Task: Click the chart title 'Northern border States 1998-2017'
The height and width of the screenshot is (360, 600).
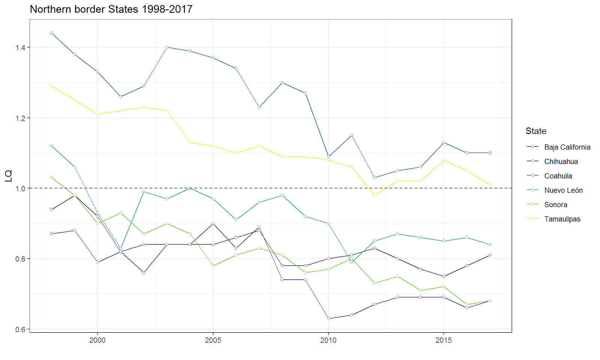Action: [111, 9]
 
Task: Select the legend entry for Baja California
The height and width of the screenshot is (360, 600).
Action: [567, 147]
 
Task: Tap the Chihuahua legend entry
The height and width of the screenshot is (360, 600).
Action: [561, 162]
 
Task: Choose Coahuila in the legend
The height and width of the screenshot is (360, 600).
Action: [558, 176]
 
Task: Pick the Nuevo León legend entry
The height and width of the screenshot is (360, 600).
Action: [563, 190]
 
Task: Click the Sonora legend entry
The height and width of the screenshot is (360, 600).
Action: [555, 205]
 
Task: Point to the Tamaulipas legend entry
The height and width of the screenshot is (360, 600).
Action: [562, 219]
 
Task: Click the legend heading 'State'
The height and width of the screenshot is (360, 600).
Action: [536, 131]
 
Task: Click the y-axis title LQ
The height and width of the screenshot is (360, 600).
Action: [8, 175]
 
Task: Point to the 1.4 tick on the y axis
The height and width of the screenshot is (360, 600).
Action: [20, 48]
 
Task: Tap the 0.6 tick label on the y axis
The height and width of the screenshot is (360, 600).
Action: [20, 330]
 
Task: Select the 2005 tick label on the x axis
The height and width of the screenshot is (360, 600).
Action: [213, 340]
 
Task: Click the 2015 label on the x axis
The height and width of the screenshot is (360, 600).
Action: [444, 340]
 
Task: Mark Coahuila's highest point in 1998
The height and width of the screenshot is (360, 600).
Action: [51, 33]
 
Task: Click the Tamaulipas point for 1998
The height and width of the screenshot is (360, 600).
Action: [51, 86]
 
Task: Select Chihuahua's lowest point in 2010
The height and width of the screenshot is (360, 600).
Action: [328, 319]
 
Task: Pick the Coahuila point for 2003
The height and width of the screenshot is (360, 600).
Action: [167, 47]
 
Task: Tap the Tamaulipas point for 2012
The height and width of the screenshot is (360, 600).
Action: [374, 195]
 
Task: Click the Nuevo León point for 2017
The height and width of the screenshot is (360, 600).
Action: [490, 244]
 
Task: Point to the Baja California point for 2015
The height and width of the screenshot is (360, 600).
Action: [444, 276]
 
